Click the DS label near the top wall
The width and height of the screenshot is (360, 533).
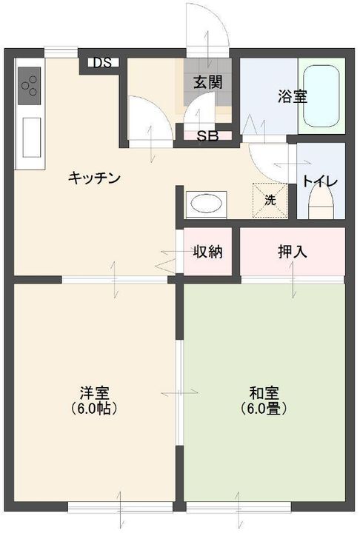(102, 62)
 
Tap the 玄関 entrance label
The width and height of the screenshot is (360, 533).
(208, 82)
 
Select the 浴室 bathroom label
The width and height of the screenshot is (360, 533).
(293, 96)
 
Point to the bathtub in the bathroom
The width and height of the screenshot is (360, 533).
(321, 96)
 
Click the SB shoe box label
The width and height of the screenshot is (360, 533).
(207, 136)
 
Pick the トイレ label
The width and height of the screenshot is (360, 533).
(320, 181)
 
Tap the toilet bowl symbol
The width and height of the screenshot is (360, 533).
(320, 203)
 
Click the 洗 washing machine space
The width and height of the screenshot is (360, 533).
(270, 200)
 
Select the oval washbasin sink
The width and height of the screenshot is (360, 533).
(205, 204)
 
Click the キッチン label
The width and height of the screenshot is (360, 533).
(94, 178)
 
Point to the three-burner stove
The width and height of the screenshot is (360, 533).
(30, 86)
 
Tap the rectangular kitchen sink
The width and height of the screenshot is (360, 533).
(32, 138)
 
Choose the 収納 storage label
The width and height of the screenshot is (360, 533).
(208, 252)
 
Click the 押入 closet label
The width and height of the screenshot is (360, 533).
(293, 252)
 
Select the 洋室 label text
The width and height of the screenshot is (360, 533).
(94, 393)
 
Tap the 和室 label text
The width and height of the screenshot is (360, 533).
(264, 393)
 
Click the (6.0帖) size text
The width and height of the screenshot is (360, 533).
(94, 408)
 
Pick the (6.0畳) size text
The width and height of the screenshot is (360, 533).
(264, 408)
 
